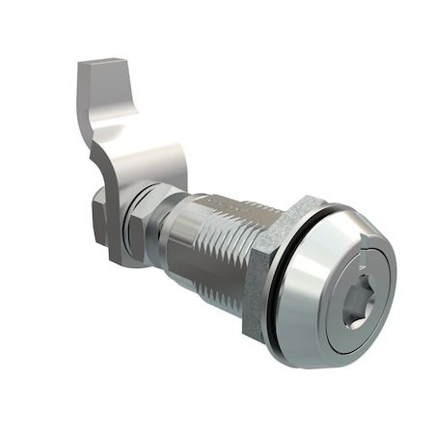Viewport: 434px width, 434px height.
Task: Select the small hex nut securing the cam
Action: [x=145, y=222]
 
